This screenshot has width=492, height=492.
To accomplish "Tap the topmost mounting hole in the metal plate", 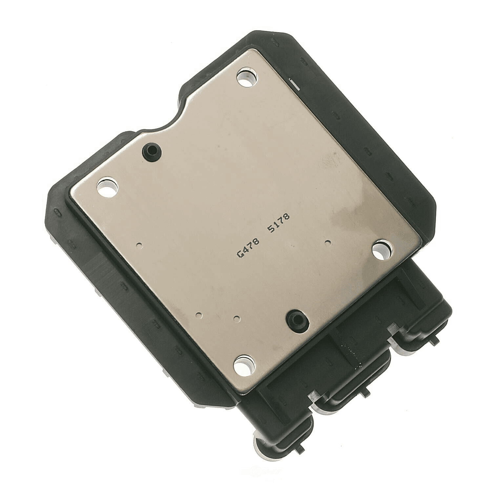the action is click(x=247, y=78).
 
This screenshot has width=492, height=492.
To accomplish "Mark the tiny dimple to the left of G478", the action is click(x=140, y=244).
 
